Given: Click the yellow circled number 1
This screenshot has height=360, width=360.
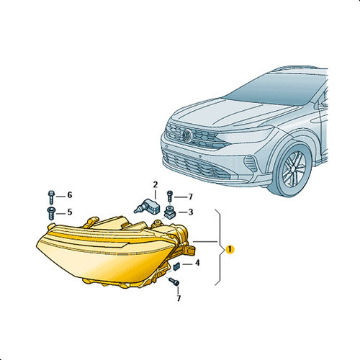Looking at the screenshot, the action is pyautogui.click(x=230, y=249).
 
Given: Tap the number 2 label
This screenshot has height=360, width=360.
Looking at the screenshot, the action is pyautogui.click(x=156, y=185).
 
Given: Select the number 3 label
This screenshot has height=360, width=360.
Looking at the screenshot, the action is pyautogui.click(x=191, y=212).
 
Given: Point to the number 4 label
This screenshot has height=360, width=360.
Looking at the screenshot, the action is pyautogui.click(x=197, y=263).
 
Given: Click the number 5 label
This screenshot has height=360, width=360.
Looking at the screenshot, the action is pyautogui.click(x=70, y=212).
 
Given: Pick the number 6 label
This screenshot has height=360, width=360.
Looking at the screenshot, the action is pyautogui.click(x=70, y=195).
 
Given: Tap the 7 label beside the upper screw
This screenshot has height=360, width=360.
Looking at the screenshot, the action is pyautogui.click(x=191, y=197).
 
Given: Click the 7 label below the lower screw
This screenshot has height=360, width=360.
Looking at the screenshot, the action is pyautogui.click(x=179, y=298).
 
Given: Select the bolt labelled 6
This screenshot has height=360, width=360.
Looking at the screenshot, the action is pyautogui.click(x=51, y=197).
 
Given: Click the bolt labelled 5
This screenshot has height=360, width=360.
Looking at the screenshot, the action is pyautogui.click(x=51, y=213).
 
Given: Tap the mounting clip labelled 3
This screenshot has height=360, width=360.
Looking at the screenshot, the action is pyautogui.click(x=170, y=212).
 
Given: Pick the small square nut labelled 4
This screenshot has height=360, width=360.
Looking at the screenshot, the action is pyautogui.click(x=176, y=266).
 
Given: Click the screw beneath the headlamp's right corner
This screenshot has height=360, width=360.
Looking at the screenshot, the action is pyautogui.click(x=174, y=282).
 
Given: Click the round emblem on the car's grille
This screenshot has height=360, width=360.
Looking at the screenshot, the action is pyautogui.click(x=187, y=135).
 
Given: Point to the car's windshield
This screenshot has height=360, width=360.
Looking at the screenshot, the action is pyautogui.click(x=276, y=89).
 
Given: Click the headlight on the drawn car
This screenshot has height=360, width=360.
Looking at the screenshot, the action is pyautogui.click(x=247, y=135).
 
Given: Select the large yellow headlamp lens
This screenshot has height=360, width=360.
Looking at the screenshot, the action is pyautogui.click(x=106, y=254).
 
